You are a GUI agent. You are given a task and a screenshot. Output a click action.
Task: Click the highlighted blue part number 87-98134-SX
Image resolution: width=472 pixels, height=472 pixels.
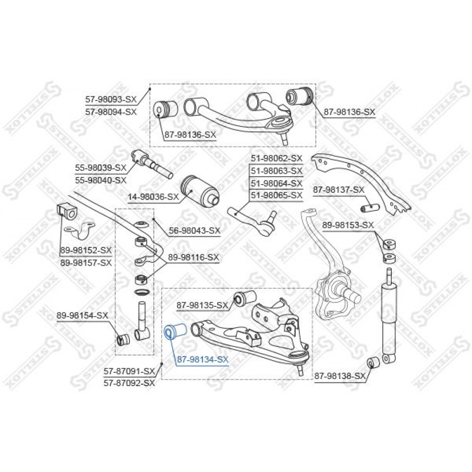202,359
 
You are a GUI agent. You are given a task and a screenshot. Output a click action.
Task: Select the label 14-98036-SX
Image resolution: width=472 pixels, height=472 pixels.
153,197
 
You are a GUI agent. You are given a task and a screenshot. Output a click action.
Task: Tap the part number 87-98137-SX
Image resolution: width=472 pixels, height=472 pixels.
338,190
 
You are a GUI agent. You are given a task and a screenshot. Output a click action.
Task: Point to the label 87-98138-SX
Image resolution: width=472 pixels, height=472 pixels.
340,376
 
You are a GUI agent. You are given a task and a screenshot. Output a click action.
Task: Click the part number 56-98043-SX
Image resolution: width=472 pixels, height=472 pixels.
194,231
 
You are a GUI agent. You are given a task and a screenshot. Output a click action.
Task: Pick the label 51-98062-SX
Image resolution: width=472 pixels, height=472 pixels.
276,158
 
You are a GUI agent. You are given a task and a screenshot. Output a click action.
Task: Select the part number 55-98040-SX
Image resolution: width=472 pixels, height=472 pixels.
101,180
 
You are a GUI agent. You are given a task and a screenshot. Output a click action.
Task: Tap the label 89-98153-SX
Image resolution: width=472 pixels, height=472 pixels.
348,225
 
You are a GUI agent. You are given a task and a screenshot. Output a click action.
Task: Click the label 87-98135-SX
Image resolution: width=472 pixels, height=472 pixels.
202,305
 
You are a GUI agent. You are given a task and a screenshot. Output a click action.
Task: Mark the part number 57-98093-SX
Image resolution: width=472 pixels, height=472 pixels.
111,99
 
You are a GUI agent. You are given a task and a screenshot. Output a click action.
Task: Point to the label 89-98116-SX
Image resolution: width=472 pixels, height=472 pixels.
193,257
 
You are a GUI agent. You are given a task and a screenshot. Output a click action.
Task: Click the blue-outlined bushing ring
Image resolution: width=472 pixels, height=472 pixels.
169,333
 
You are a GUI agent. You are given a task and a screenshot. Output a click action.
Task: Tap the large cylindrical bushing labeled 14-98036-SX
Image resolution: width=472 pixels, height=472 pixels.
200,192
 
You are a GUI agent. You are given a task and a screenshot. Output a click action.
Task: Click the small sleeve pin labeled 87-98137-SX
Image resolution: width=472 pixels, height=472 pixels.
370,207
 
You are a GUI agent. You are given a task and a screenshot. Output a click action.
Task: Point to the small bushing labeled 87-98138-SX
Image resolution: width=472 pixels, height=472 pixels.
374,362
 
